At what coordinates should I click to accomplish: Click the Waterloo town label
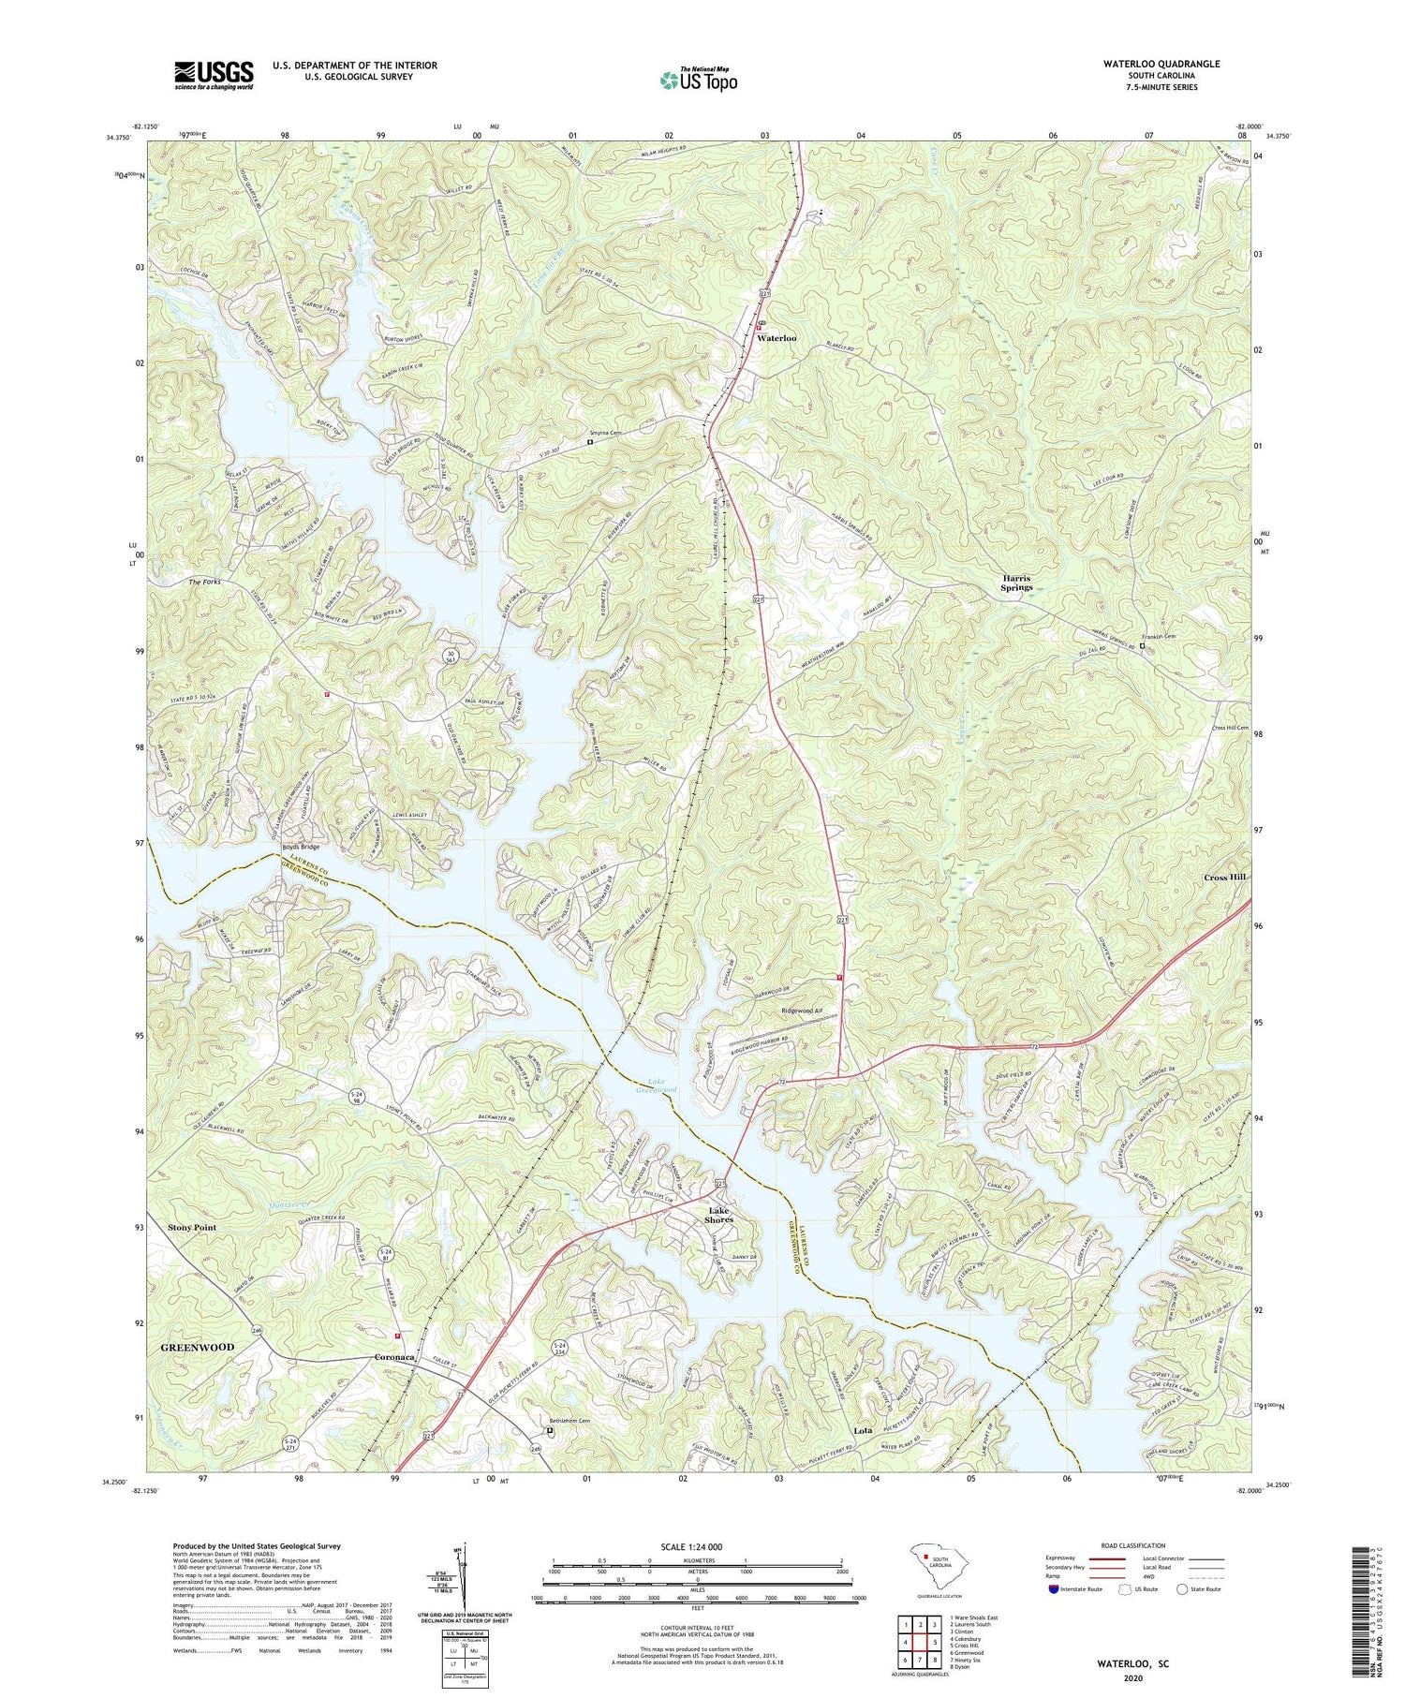pos(776,338)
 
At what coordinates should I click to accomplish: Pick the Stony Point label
pos(191,1227)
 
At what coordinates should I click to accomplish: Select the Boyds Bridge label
pos(301,847)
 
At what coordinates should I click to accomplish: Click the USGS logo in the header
pos(214,75)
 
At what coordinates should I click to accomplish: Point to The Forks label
pos(207,583)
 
